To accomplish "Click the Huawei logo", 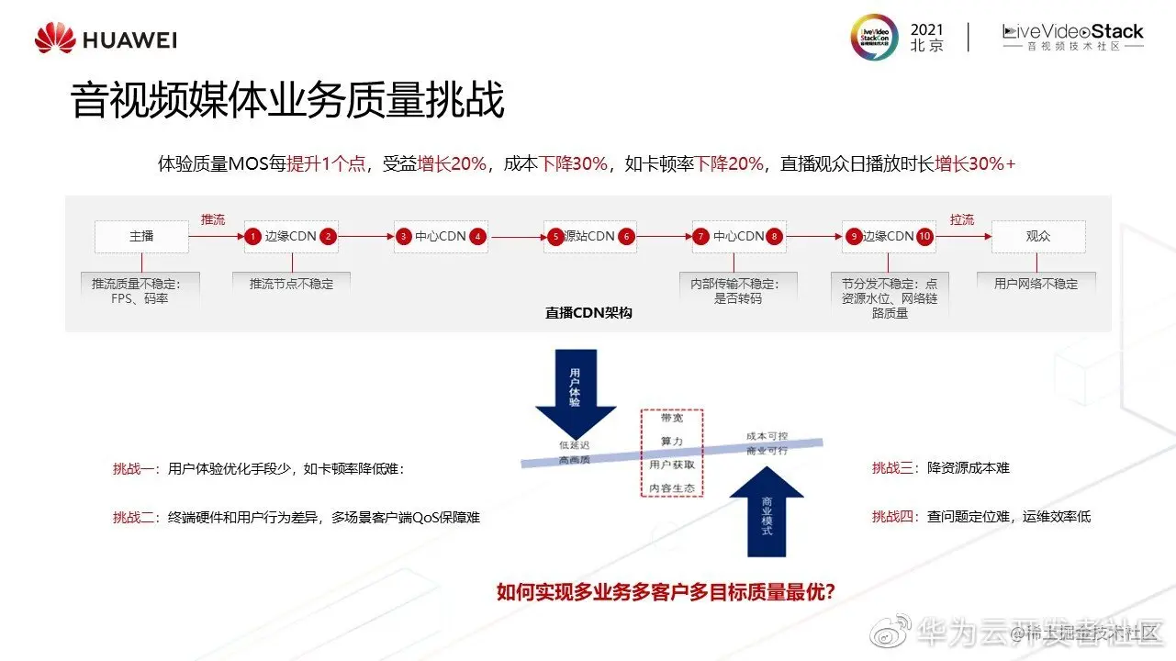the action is [106, 39].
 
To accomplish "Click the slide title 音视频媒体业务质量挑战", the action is [287, 101].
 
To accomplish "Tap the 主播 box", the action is [141, 237].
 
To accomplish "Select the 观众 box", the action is [1038, 237].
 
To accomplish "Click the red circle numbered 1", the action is [253, 237].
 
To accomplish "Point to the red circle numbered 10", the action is [924, 237].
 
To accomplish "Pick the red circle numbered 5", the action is [554, 237].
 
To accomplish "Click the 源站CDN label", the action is [588, 237].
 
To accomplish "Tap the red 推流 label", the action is [213, 219].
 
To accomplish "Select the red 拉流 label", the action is [962, 219].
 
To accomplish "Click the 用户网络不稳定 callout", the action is [1036, 284].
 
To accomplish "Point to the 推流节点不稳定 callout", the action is [292, 284].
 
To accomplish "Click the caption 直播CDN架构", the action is [588, 313].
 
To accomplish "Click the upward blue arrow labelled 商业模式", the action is [767, 514].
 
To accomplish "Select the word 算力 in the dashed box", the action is [672, 442].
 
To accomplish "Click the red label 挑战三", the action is [894, 468].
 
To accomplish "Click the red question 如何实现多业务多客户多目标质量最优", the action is [666, 592].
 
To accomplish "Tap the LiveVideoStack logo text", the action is [1072, 33].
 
